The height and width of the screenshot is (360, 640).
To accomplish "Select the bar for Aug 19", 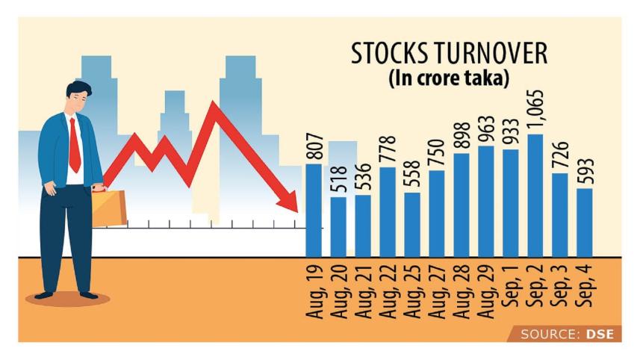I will pos(314,209).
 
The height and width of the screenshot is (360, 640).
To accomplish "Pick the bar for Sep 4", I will pos(585,222).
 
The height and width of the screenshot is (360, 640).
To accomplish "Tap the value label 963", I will pos(486,129).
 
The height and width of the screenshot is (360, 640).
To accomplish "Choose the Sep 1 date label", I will pos(512,286).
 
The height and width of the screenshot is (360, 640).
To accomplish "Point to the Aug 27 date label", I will pos(438,291).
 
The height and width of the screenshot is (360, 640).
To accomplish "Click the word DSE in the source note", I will pos(599,334).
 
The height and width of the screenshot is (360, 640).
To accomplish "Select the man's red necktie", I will pos(75,144).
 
